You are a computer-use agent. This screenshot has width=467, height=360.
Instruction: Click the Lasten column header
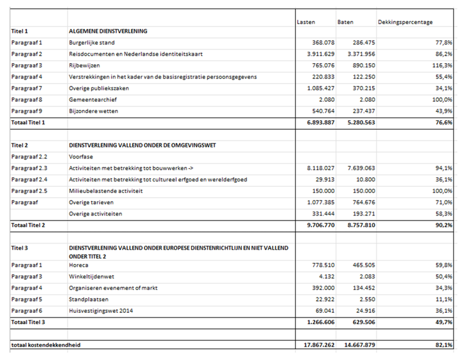(306, 22)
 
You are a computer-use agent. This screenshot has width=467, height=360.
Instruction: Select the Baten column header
(345, 22)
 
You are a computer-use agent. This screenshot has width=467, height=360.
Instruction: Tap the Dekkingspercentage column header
(405, 22)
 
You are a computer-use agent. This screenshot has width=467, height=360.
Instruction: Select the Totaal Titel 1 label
(28, 122)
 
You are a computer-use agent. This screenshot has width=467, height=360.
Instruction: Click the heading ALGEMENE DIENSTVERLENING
(107, 31)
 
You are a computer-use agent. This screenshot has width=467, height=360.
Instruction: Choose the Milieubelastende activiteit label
(106, 191)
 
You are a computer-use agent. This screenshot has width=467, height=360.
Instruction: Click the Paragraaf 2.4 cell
(30, 180)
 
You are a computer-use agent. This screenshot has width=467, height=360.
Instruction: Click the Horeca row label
(80, 265)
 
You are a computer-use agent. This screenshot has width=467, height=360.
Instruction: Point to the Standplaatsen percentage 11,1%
(443, 299)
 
